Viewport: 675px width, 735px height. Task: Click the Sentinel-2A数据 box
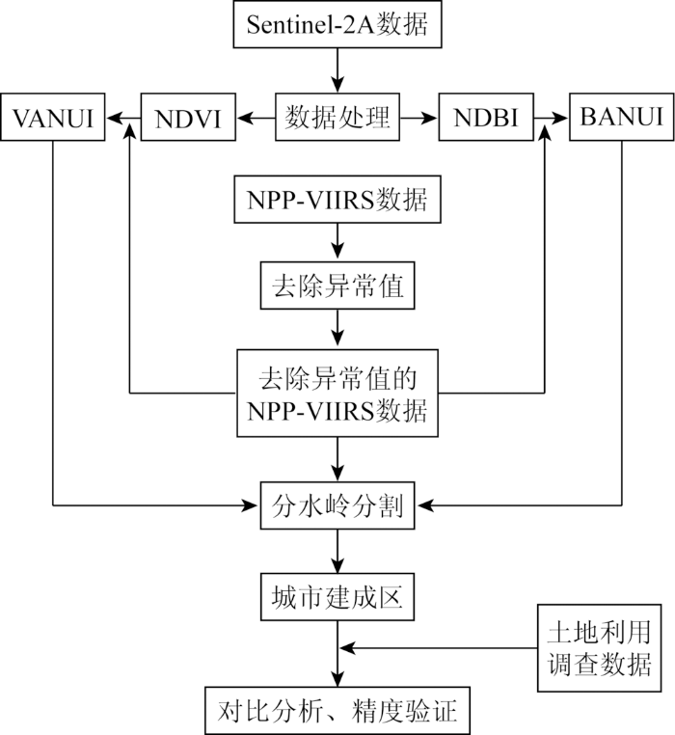(x=337, y=24)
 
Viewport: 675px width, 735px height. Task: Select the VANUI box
(x=52, y=117)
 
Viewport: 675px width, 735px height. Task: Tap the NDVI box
(x=188, y=117)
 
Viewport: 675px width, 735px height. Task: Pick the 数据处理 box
(x=337, y=117)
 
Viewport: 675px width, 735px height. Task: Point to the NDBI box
(x=486, y=117)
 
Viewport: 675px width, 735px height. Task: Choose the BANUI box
(x=622, y=117)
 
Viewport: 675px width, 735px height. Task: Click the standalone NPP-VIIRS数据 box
(x=337, y=200)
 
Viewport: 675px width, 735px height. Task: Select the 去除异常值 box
(x=337, y=286)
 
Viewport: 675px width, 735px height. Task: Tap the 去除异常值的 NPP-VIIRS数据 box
(x=337, y=394)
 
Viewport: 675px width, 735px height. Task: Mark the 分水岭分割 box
(x=337, y=505)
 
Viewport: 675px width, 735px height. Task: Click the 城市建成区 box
(x=337, y=597)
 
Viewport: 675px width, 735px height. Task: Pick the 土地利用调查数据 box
(x=599, y=648)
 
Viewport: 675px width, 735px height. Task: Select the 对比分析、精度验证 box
(x=337, y=711)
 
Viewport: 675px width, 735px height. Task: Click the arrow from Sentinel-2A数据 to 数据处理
(x=337, y=70)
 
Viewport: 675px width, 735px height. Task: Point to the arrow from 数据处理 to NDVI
(x=256, y=118)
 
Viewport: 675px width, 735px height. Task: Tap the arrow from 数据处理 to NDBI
(x=419, y=118)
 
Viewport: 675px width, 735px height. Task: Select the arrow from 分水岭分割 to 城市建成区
(x=337, y=552)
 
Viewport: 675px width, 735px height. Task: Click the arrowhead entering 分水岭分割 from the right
(x=424, y=505)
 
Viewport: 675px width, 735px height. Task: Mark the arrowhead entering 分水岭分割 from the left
(x=251, y=505)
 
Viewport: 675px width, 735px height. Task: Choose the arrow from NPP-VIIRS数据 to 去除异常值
(x=337, y=242)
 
